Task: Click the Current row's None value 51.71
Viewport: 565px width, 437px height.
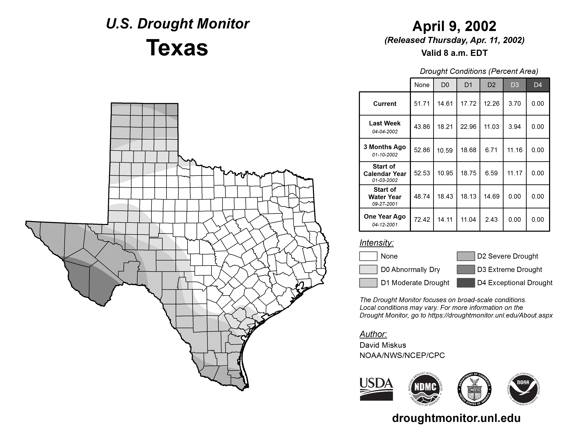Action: (422, 104)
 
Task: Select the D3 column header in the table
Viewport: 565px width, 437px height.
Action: (514, 85)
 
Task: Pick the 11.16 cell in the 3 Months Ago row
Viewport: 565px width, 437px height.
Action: (514, 150)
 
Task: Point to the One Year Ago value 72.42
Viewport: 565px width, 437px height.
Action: (422, 220)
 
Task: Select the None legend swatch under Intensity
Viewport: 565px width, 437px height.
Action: (368, 256)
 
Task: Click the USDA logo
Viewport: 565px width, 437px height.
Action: (376, 389)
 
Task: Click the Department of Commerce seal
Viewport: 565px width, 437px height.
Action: (474, 389)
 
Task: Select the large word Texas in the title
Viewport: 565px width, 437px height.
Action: (177, 48)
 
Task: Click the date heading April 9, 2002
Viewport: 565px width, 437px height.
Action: (454, 26)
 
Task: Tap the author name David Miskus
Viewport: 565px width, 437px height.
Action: (383, 345)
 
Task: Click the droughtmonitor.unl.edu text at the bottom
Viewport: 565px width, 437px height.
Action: (456, 418)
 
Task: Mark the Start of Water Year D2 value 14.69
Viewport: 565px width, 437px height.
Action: (491, 197)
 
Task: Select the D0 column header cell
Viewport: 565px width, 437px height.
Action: (445, 85)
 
